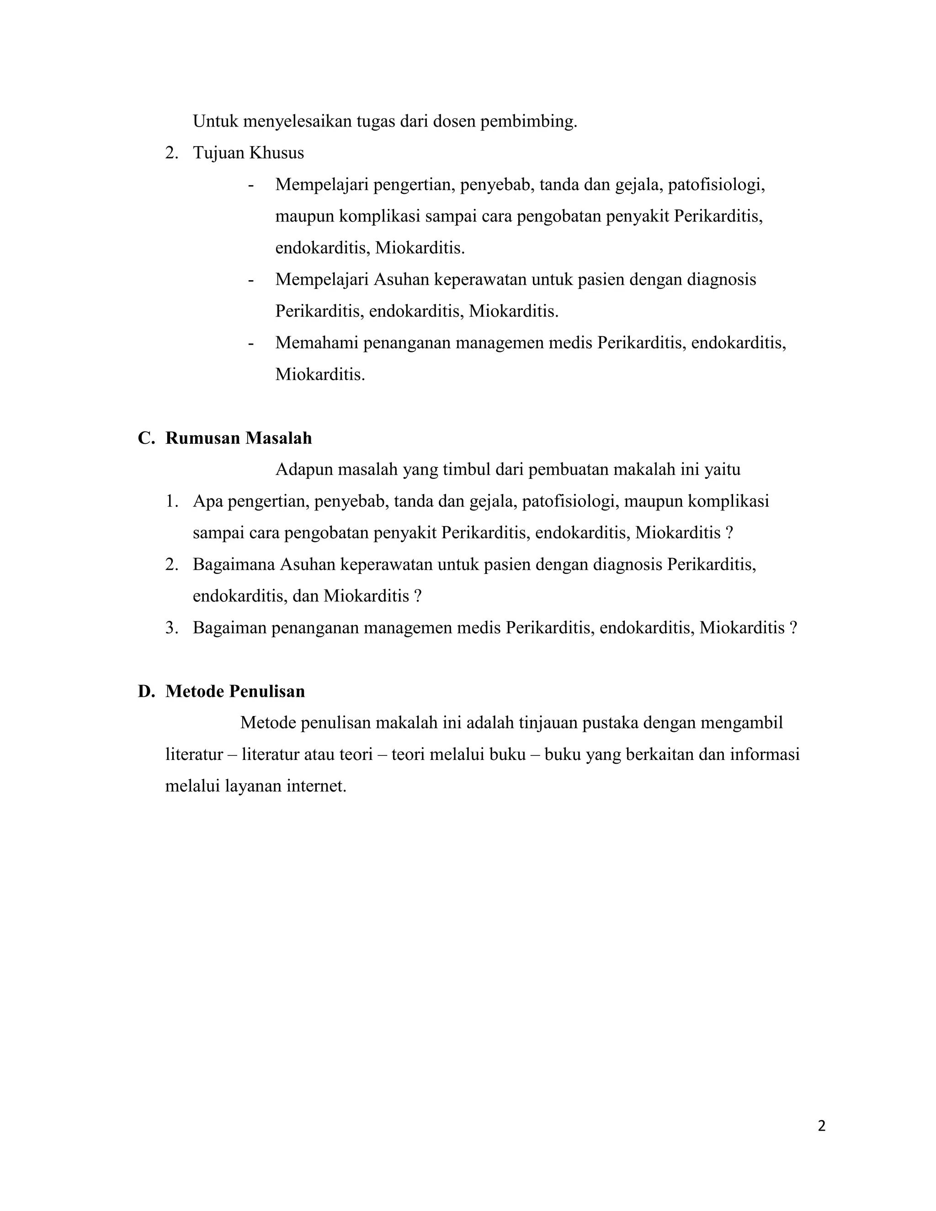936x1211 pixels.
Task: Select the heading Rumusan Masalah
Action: (x=239, y=438)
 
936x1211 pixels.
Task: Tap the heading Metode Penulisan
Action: (x=235, y=691)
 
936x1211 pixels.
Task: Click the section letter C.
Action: (x=145, y=438)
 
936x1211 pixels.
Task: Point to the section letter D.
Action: (x=145, y=691)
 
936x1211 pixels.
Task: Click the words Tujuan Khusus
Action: (x=249, y=153)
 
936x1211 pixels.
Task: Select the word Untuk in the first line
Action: (x=215, y=121)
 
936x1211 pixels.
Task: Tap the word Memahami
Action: (x=317, y=343)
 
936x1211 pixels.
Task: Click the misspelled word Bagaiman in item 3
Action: (x=229, y=628)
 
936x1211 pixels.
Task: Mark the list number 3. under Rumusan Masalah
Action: (x=171, y=628)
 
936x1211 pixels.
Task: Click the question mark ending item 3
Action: (x=793, y=628)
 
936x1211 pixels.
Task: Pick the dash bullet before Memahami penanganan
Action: (x=251, y=343)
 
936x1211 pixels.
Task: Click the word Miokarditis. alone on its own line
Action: (x=320, y=374)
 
